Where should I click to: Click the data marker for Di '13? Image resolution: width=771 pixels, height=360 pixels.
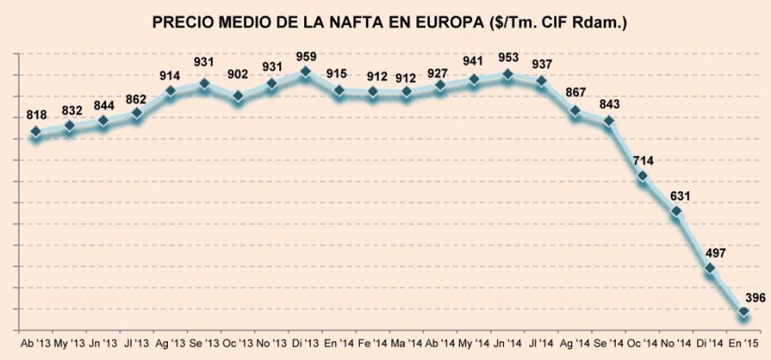(x=305, y=73)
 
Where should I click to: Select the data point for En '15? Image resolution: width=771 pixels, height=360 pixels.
(x=744, y=312)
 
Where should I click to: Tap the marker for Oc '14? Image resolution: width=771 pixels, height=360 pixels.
(x=642, y=177)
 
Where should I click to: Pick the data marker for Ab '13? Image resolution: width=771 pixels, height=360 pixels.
(x=36, y=132)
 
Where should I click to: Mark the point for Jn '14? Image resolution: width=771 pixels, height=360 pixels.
(x=508, y=75)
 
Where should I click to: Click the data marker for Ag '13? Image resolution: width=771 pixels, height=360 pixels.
(x=170, y=90)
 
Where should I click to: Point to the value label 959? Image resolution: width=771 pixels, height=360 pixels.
(x=306, y=57)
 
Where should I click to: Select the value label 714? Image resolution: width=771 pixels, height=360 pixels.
(x=642, y=161)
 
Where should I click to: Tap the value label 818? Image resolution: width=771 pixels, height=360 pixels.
(x=36, y=117)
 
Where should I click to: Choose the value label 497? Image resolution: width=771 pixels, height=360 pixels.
(x=710, y=254)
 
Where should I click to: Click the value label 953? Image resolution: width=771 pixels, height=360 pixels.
(x=508, y=59)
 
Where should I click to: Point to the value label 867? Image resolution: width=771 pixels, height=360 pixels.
(x=576, y=96)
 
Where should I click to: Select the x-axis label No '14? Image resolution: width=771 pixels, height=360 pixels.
(x=677, y=343)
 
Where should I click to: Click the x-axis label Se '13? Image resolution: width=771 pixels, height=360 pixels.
(x=204, y=343)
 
